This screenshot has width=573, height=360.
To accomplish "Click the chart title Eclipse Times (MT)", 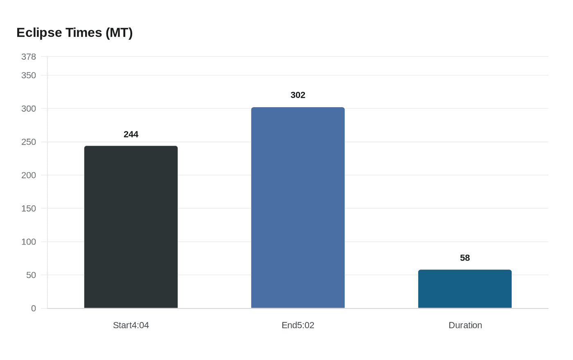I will coord(74,33).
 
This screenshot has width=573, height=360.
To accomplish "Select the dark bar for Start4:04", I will coord(131,227).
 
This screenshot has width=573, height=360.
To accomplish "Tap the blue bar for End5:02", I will coord(298,208).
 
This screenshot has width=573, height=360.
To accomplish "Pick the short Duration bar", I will coord(465,289).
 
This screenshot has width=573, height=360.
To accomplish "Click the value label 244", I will coord(131,134).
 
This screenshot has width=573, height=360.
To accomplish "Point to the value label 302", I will coord(298,95).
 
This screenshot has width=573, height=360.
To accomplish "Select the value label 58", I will coord(465,258).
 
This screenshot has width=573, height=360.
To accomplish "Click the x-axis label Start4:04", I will coord(131,325).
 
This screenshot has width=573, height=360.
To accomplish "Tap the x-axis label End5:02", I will coord(298,325).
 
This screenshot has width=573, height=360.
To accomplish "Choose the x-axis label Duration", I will coord(465,325).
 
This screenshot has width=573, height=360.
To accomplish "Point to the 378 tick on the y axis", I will coord(29,57).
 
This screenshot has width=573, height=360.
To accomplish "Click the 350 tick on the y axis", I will coord(29,75).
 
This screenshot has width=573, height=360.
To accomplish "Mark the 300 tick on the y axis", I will coord(29,109).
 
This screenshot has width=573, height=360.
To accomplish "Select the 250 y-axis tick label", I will coord(29,142).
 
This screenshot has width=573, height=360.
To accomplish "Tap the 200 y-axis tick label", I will coord(29,175).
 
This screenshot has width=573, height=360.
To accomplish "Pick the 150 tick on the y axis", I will coord(29,209).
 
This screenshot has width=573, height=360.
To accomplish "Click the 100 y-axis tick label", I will coord(29,242).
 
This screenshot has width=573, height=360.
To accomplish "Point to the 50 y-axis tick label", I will coord(31,275).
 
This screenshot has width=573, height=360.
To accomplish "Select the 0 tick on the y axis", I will coord(34,308).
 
